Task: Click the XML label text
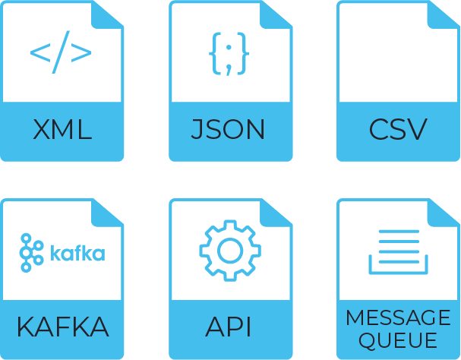pos(62,129)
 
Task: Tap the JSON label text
pos(229,129)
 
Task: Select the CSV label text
pos(398,129)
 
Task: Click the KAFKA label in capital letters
pos(62,328)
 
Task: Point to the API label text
pos(229,328)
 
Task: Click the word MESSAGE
pos(398,317)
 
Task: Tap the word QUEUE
pos(398,339)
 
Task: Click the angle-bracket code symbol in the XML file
pos(61,52)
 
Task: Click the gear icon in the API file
pos(229,249)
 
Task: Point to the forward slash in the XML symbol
pos(61,52)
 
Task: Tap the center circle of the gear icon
pos(229,249)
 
